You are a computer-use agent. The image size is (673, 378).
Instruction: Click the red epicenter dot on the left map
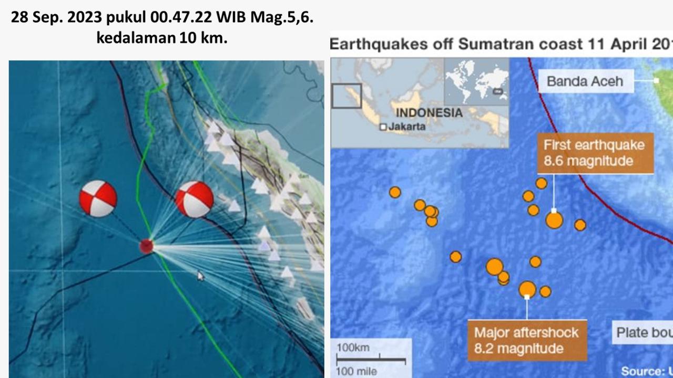tap(146, 246)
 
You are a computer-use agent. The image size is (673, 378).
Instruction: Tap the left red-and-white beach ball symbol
tap(98, 198)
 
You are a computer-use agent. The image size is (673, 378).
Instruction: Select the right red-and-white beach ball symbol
tap(194, 199)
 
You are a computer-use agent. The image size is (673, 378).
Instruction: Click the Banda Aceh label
tap(585, 81)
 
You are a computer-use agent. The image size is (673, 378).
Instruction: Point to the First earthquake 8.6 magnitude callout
tap(595, 153)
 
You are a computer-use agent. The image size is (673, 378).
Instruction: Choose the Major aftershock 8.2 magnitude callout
tap(527, 340)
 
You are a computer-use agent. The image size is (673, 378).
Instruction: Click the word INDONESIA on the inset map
tap(429, 113)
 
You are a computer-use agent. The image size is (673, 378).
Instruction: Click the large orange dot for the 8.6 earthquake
tap(554, 220)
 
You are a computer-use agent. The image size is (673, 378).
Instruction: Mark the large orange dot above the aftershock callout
tap(527, 289)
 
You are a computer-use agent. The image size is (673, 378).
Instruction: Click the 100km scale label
tap(353, 348)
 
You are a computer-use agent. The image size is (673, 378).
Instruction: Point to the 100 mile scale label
tap(358, 371)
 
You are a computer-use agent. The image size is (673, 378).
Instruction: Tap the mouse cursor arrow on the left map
tap(200, 276)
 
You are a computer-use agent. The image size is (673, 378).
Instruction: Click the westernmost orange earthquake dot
tap(395, 192)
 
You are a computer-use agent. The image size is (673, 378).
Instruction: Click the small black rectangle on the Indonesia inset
tap(346, 96)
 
